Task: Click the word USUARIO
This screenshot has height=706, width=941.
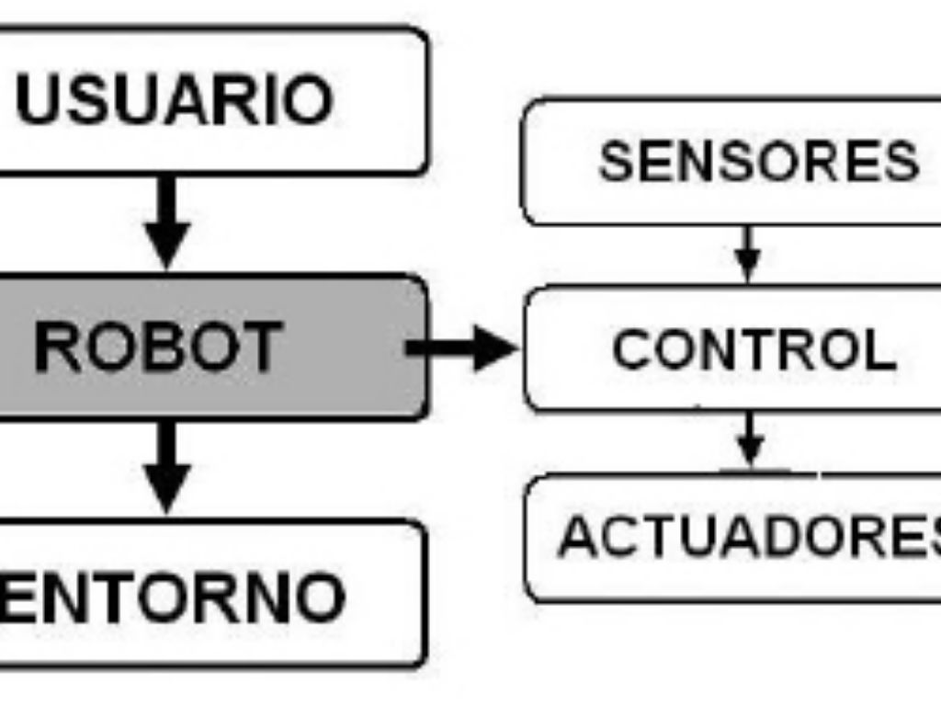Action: [x=174, y=100]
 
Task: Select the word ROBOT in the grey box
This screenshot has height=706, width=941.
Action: [x=157, y=348]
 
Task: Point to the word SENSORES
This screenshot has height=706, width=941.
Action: [x=759, y=162]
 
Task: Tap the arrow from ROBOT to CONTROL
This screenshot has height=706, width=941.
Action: [x=464, y=347]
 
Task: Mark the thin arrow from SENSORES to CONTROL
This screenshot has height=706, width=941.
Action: [x=749, y=254]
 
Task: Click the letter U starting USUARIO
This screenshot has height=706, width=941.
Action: [x=38, y=100]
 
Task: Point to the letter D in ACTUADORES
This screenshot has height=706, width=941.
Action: [x=757, y=537]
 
